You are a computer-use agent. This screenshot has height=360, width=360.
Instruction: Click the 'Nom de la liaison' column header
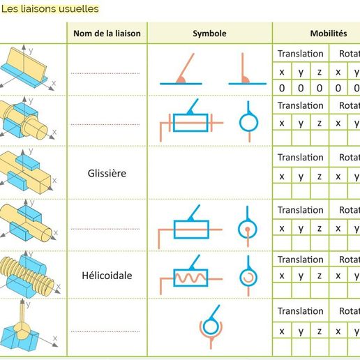pyautogui.click(x=107, y=33)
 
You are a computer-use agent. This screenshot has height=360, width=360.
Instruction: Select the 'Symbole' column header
pyautogui.click(x=209, y=33)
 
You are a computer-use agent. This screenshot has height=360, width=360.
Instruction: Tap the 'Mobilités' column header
pyautogui.click(x=328, y=33)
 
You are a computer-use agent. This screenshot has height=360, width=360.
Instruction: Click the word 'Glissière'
pyautogui.click(x=107, y=172)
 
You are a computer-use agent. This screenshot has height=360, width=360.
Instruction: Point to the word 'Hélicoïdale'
pyautogui.click(x=107, y=276)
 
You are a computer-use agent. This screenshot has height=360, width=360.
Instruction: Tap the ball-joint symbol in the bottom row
pyautogui.click(x=209, y=324)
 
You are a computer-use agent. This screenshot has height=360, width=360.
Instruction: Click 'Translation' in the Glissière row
pyautogui.click(x=300, y=158)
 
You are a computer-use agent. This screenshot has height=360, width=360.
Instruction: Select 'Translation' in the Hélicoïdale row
pyautogui.click(x=300, y=260)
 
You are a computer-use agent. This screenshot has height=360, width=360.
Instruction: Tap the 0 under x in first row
pyautogui.click(x=282, y=88)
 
